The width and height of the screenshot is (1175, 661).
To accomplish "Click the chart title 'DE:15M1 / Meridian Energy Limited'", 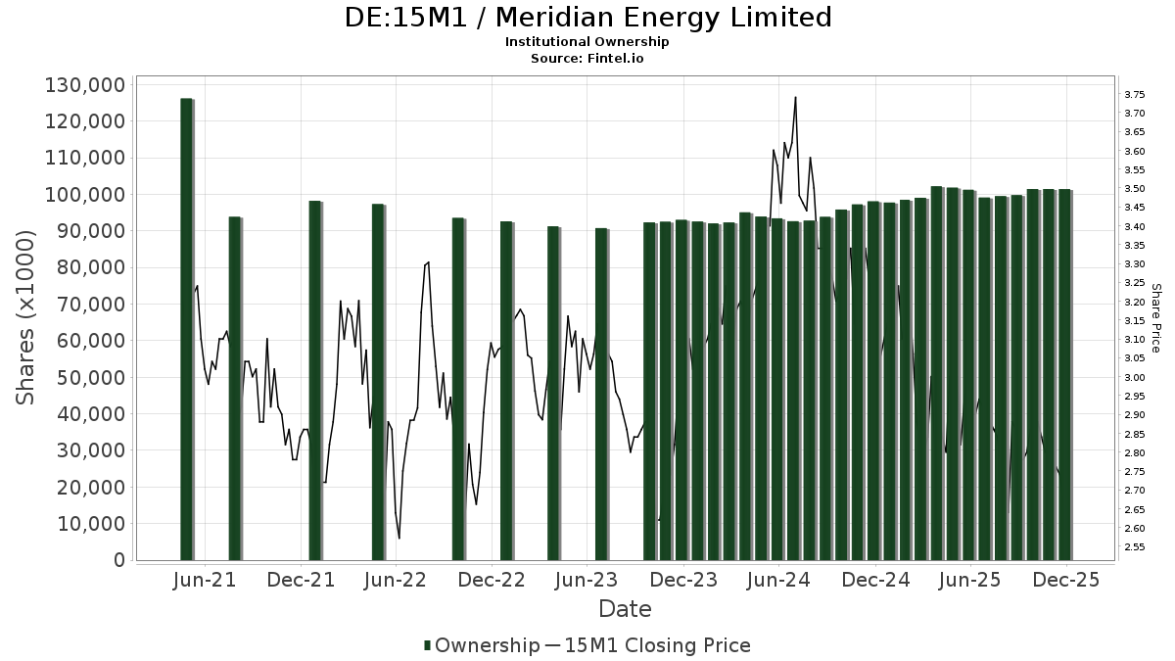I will (x=587, y=18).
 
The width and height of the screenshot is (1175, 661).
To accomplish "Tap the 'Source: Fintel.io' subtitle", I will (x=587, y=58).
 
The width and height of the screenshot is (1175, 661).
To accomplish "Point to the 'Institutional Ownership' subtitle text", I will (x=587, y=42).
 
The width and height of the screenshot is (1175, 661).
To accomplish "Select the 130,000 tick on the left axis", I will (x=85, y=85).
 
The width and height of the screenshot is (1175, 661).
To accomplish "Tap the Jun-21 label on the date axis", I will (x=205, y=580).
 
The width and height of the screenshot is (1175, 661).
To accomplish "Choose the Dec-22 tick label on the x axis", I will (x=492, y=580).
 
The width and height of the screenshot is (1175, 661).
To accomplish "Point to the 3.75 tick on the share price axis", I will (x=1135, y=94).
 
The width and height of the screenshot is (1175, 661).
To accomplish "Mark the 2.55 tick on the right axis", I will (x=1135, y=546).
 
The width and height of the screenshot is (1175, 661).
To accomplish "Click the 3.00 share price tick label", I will (x=1135, y=377).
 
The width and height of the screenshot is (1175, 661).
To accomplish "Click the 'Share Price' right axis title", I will (x=1155, y=318).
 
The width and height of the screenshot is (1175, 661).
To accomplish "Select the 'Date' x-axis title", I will (x=625, y=609).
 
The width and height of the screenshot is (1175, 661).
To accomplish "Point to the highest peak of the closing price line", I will (x=795, y=97).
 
